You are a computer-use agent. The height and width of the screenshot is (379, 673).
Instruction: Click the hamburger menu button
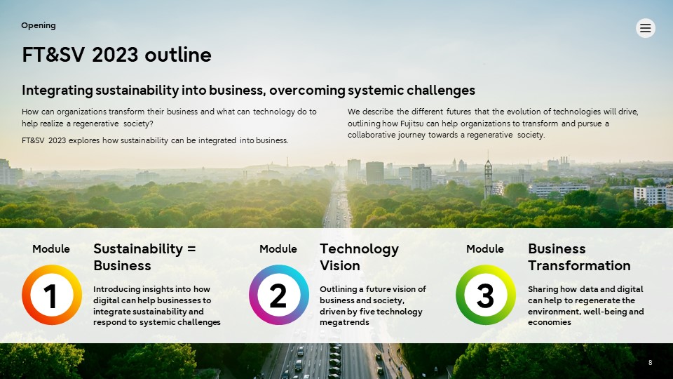pyautogui.click(x=645, y=28)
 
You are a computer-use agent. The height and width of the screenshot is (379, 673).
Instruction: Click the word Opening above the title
pyautogui.click(x=38, y=25)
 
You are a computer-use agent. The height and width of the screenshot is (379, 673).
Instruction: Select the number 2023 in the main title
pyautogui.click(x=115, y=55)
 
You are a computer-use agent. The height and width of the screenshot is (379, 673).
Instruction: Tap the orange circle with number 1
pyautogui.click(x=51, y=295)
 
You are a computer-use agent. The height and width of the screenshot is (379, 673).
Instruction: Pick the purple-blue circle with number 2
pyautogui.click(x=278, y=295)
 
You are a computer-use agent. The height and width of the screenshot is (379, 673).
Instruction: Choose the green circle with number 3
pyautogui.click(x=485, y=295)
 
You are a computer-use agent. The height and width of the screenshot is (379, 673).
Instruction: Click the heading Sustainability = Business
pyautogui.click(x=144, y=257)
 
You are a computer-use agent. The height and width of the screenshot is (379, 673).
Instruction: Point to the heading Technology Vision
pyautogui.click(x=359, y=257)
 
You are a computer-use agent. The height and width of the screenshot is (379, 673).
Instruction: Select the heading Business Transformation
pyautogui.click(x=579, y=257)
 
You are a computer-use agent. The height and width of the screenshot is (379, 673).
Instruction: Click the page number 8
pyautogui.click(x=651, y=363)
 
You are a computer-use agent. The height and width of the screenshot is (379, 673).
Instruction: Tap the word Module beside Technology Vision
pyautogui.click(x=278, y=248)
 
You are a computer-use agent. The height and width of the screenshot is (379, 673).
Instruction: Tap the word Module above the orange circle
pyautogui.click(x=51, y=248)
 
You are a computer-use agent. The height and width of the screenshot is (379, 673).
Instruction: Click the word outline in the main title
pyautogui.click(x=177, y=55)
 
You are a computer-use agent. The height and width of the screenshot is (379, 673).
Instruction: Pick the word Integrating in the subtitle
pyautogui.click(x=57, y=91)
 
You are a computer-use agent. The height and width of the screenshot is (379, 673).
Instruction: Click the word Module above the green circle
pyautogui.click(x=485, y=248)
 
